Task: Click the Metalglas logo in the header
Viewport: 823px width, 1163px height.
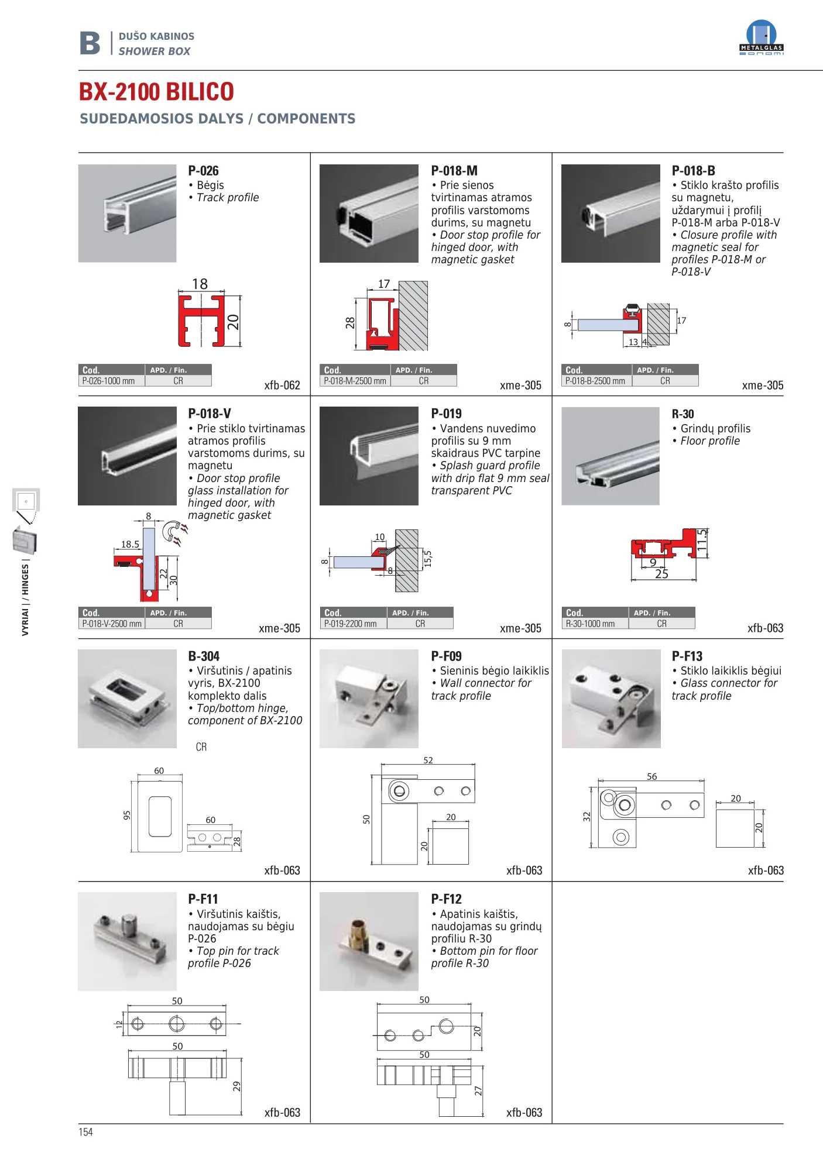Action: coord(761,38)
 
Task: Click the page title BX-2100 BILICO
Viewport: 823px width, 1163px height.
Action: coord(156,92)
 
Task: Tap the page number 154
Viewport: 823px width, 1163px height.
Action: coord(85,1131)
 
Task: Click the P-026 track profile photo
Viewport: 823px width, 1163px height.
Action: coord(127,213)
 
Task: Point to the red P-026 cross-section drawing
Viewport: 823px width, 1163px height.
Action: coord(201,321)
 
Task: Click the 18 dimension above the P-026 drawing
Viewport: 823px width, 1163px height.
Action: coord(200,284)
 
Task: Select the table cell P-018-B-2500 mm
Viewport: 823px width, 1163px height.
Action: coord(595,381)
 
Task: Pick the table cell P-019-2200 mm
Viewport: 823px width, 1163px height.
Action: coord(351,624)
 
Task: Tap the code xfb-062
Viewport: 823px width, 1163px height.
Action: coord(282,385)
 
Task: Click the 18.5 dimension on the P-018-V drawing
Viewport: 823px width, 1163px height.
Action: coord(130,544)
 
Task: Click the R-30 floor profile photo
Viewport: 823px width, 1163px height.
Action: coord(611,456)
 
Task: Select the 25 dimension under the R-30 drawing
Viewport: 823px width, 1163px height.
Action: coord(661,574)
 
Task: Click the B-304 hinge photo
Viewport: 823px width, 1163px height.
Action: coord(127,699)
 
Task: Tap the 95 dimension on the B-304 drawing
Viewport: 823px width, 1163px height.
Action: coord(127,815)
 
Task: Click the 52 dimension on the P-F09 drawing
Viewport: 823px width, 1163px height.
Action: coord(428,761)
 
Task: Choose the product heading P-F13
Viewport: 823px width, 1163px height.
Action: coord(687,656)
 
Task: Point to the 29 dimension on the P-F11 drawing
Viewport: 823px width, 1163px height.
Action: coord(236,1086)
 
